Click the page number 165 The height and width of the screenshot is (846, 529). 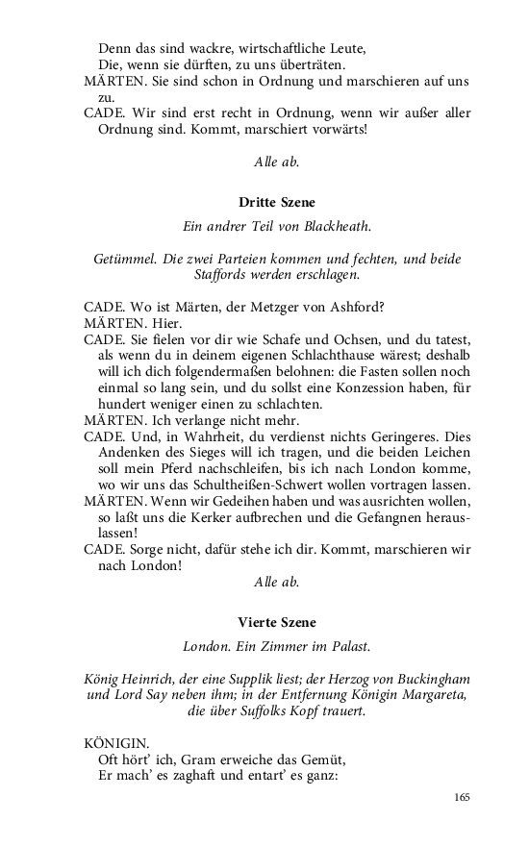tap(459, 797)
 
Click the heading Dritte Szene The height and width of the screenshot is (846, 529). tap(276, 203)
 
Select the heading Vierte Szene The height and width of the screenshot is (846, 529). tap(276, 622)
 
